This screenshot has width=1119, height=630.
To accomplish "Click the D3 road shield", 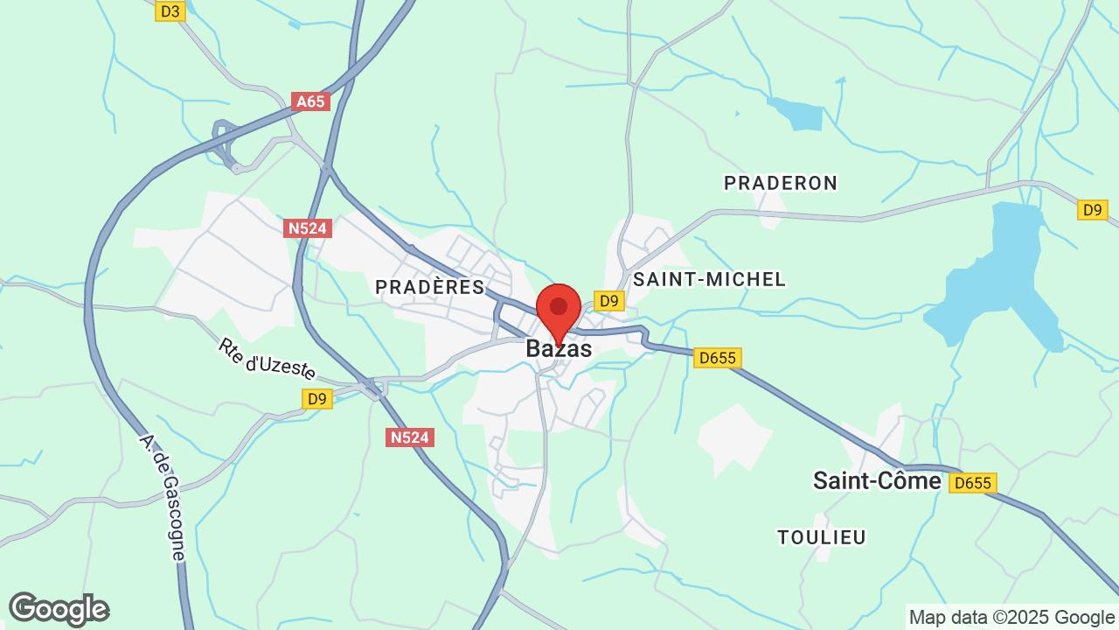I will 170,10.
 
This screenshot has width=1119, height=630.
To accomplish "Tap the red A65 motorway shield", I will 310,101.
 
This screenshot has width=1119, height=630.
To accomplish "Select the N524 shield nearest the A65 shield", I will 307,228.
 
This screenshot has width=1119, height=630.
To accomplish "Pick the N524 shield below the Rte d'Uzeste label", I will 410,437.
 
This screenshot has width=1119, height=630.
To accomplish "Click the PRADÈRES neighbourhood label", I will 429,287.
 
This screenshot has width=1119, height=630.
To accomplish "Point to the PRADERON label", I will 781,183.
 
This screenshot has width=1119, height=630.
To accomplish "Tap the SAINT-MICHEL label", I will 710,279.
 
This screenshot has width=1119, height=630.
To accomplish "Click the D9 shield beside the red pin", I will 609,301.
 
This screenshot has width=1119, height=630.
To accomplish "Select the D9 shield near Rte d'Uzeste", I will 317,399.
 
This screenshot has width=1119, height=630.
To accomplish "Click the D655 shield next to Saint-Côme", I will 973,483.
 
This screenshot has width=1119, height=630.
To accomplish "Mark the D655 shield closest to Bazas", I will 718,357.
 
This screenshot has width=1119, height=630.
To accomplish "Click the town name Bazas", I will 559,349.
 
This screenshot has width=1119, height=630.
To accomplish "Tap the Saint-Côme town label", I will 877,480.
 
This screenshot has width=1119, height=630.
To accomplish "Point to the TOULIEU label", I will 822,537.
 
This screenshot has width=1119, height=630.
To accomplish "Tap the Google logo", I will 59,609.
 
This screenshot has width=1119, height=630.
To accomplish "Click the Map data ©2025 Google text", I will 1011,617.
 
